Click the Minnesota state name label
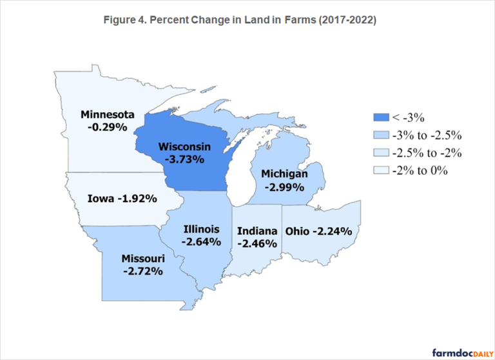108,115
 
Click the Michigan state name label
284,174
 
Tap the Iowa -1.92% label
122,199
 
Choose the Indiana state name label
257,230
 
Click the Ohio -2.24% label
318,230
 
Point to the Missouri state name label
143,259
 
